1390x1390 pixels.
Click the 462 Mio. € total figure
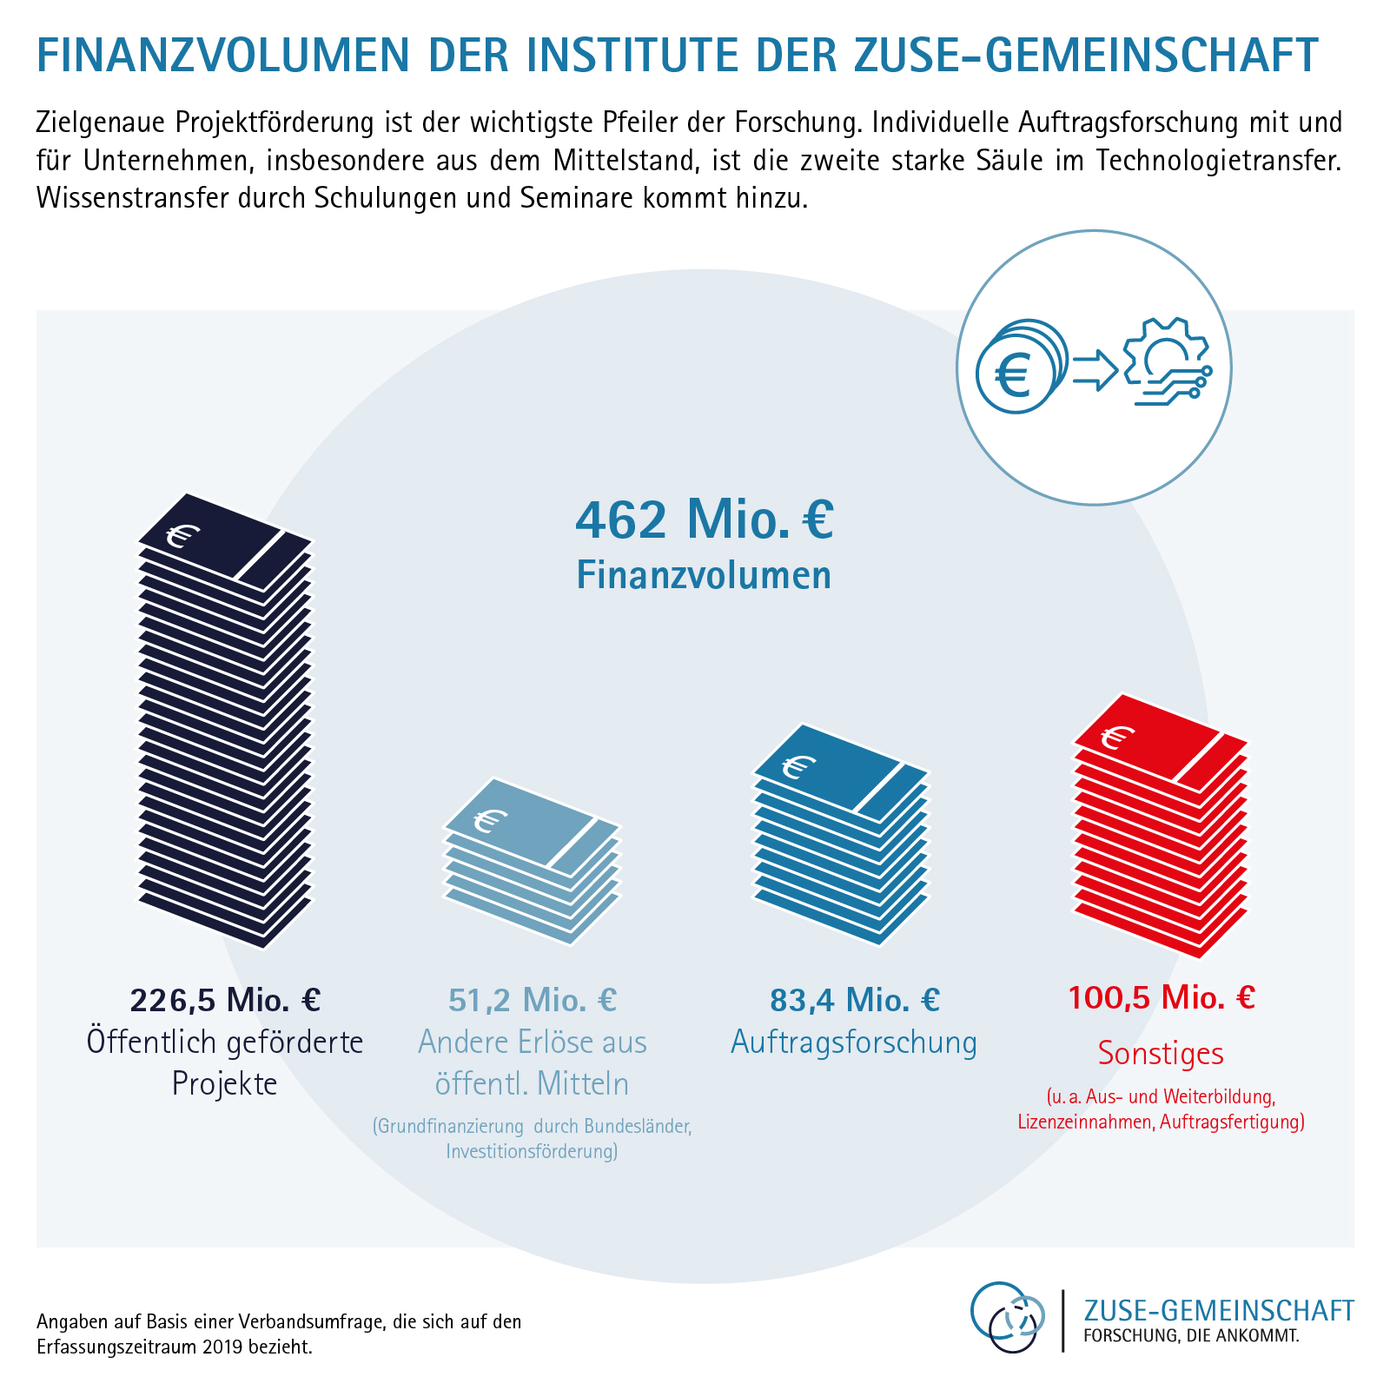point(705,520)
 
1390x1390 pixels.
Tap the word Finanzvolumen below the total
point(705,575)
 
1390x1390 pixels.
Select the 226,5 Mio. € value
point(225,1000)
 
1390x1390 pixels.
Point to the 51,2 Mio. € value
point(533,1000)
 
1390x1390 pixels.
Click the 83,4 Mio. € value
point(855,1000)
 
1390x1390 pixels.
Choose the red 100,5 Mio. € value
point(1161,997)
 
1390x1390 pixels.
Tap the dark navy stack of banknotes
point(225,721)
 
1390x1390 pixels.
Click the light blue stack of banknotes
point(533,860)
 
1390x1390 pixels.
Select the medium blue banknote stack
point(840,834)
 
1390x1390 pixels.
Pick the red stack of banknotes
point(1161,825)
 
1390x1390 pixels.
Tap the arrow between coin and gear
point(1095,369)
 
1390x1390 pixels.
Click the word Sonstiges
point(1161,1053)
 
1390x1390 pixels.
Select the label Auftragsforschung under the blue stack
point(855,1042)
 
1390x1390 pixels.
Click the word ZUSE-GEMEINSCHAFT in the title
point(1086,54)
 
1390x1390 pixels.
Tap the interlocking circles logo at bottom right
point(1008,1317)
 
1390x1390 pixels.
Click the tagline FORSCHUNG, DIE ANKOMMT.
point(1191,1335)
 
